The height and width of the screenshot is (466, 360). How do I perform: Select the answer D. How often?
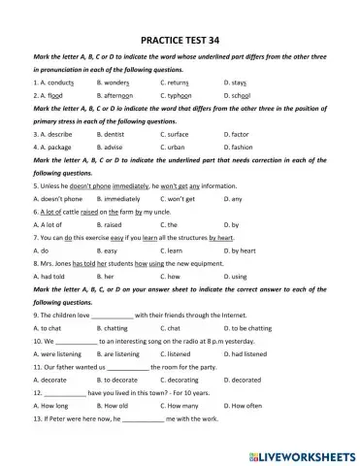pos(244,406)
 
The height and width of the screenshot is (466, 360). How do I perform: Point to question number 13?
pos(37,418)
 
